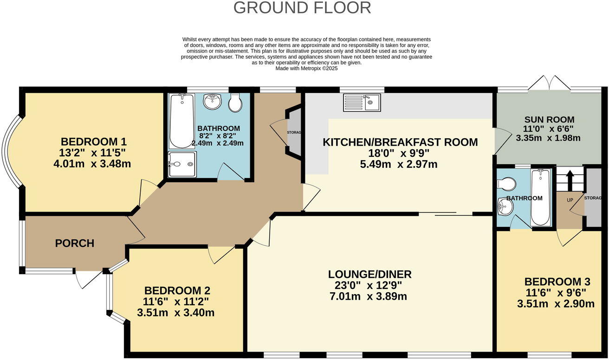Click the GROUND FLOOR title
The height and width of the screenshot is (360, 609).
[x=302, y=8]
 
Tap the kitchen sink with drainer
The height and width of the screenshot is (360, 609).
[x=362, y=103]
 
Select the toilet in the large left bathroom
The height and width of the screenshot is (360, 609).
[x=235, y=103]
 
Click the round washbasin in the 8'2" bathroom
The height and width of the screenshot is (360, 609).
[x=212, y=102]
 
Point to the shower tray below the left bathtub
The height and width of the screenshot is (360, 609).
[x=182, y=164]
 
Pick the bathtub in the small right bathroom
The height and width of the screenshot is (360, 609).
[x=540, y=198]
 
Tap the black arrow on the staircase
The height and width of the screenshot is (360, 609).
[x=570, y=180]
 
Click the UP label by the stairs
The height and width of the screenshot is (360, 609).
[x=570, y=200]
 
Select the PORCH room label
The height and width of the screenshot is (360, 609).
[x=75, y=243]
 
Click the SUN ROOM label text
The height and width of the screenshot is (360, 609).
[x=550, y=120]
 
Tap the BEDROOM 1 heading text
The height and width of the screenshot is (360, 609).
[x=93, y=141]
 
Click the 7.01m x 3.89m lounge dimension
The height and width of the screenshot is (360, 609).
[x=369, y=296]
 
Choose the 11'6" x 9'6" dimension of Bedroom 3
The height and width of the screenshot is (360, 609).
[x=556, y=293]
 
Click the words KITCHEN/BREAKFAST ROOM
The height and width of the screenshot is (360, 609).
[x=400, y=142]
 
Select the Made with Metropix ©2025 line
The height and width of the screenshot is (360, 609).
[x=307, y=69]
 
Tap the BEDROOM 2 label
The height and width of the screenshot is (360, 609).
[x=177, y=290]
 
